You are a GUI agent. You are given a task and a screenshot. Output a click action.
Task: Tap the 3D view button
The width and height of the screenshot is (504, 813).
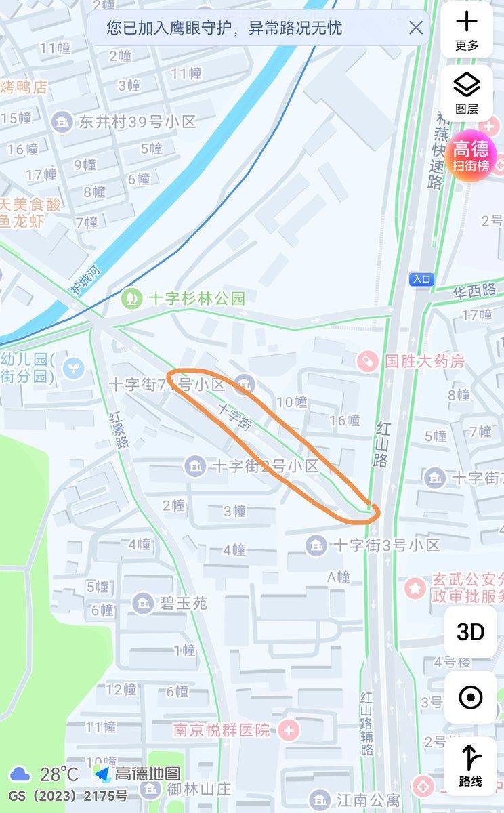coord(470,632)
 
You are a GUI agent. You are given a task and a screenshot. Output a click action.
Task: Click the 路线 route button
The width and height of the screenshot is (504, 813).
coord(470,766)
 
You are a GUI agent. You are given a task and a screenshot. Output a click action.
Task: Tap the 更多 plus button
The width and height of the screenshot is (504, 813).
coord(466,30)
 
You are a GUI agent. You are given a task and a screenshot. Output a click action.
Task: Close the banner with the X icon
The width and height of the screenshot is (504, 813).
coord(416,28)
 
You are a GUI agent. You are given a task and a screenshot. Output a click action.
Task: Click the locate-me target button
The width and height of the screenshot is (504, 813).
coord(470,697)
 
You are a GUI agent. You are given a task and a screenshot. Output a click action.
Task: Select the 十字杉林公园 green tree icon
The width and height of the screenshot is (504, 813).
coord(131,297)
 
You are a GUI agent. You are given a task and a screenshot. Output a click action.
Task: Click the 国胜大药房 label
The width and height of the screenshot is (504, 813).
coord(425,360)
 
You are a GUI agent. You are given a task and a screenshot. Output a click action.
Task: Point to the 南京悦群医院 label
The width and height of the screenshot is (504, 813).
coord(221,731)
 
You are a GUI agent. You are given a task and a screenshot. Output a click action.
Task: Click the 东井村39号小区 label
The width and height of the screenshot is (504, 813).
coord(137,122)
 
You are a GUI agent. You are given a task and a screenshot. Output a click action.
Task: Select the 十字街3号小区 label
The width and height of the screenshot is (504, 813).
coord(387,545)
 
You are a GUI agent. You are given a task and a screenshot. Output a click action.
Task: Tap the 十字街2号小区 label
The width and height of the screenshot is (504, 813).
coord(265,466)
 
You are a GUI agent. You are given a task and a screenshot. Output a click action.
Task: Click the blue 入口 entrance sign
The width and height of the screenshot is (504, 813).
coord(421,278)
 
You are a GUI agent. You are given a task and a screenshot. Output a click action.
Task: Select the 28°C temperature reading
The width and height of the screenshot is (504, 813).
coord(58,774)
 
